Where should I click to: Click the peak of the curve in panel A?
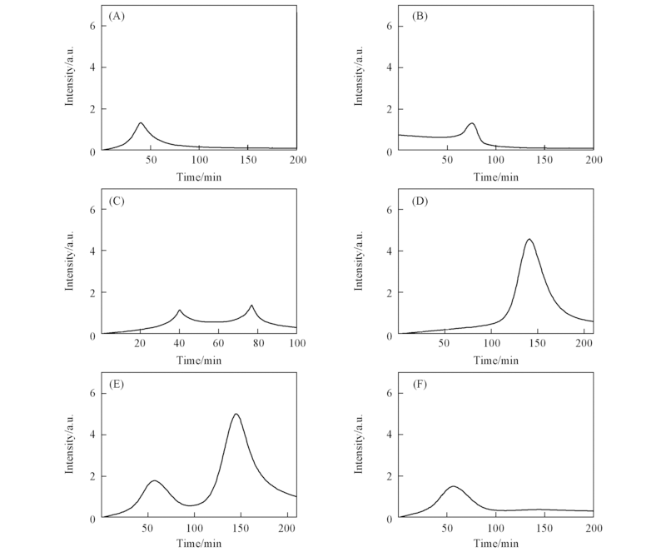coord(141,123)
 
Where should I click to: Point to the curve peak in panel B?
coord(472,123)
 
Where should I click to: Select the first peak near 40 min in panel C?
coord(179,311)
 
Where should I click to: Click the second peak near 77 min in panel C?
coord(251,306)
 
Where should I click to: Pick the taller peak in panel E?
coord(236,415)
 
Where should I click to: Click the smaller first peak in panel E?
coord(154,481)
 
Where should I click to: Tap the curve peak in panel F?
coord(454,486)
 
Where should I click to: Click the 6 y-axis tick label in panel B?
coord(390,26)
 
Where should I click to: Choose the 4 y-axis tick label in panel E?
coord(92,435)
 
